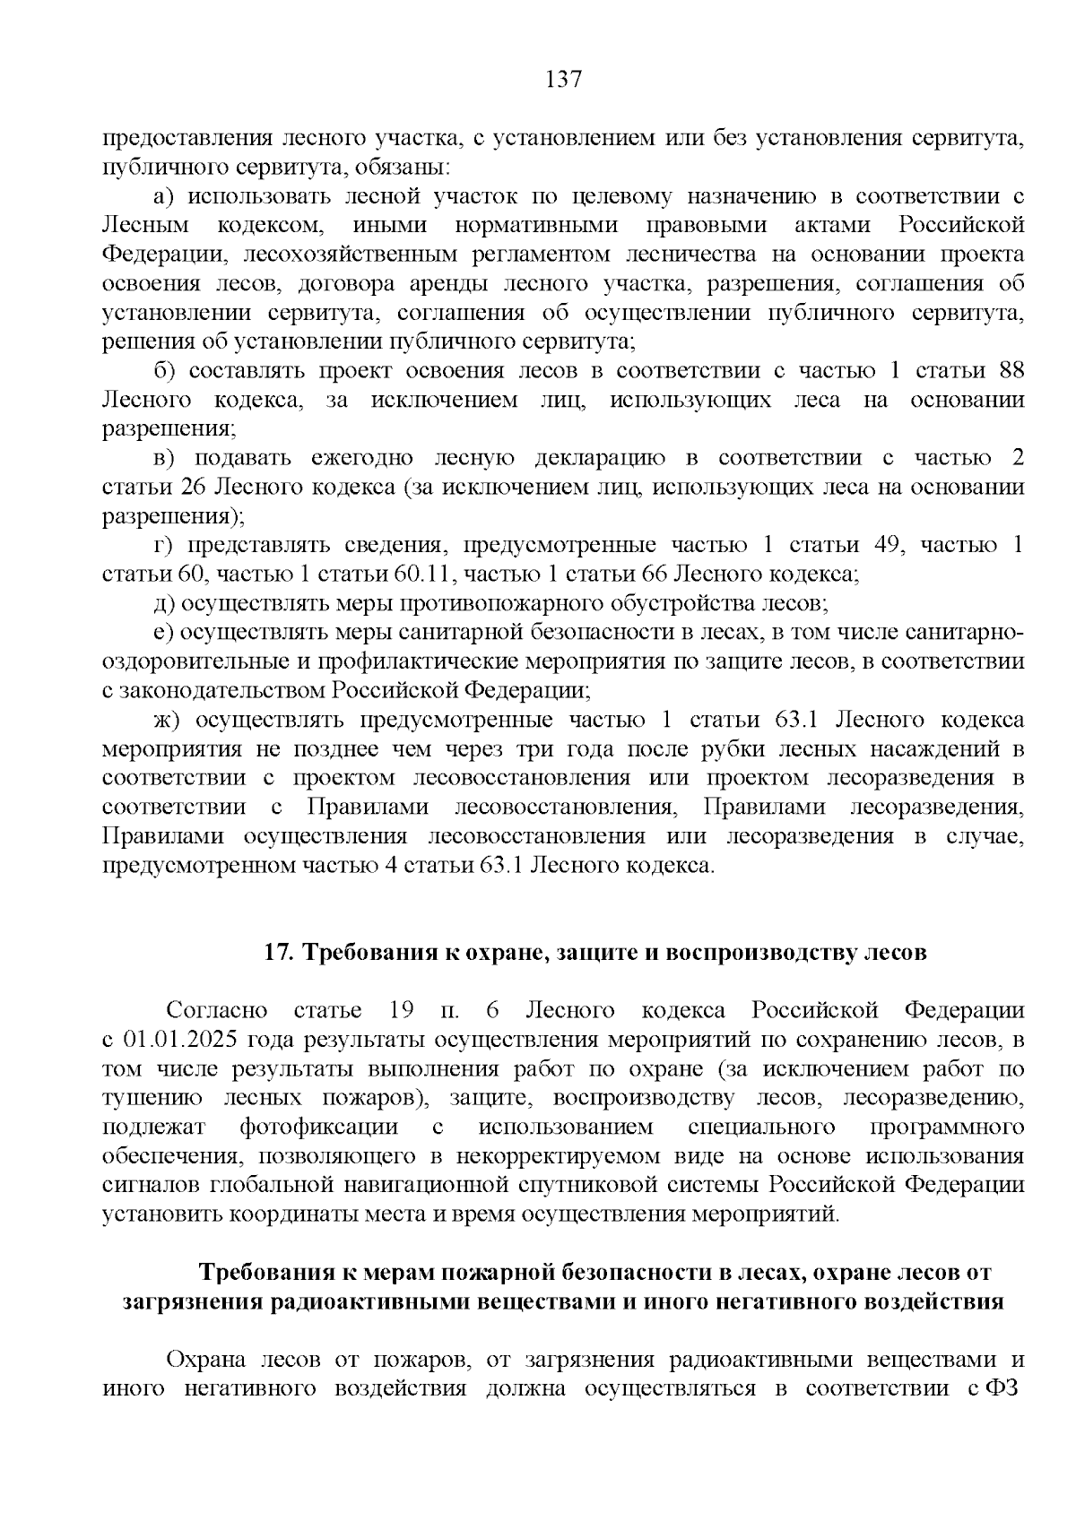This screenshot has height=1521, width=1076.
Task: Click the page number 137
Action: [x=564, y=80]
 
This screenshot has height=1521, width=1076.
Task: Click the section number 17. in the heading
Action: [x=280, y=953]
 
